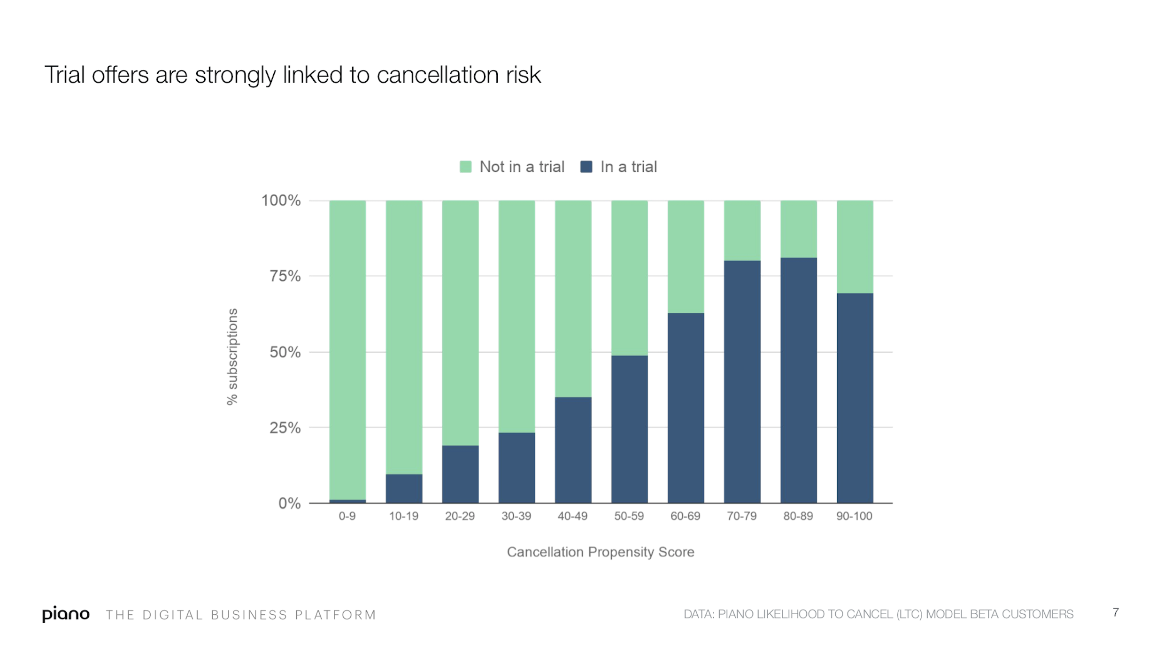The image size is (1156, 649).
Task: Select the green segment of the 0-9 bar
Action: [x=347, y=350]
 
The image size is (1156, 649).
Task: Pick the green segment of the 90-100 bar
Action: [x=855, y=247]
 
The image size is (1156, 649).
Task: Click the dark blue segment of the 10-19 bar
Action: [x=404, y=488]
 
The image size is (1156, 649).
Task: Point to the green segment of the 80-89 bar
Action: [x=798, y=229]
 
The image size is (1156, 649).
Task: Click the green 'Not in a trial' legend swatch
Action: [x=465, y=167]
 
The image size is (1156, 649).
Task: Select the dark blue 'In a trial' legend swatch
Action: [x=586, y=167]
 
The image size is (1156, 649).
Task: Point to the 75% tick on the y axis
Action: [x=285, y=276]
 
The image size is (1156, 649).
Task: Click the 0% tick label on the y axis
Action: [x=289, y=503]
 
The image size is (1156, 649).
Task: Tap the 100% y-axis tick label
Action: [x=281, y=201]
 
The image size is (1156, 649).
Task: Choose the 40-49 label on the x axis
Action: [x=572, y=516]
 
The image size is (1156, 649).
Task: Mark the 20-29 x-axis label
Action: [x=460, y=516]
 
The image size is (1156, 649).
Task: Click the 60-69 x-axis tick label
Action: [x=685, y=516]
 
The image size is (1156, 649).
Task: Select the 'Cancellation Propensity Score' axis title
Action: [x=600, y=552]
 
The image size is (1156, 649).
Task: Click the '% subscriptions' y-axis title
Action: [x=232, y=356]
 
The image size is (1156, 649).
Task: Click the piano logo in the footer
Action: [x=66, y=614]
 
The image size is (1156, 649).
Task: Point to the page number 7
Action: [x=1116, y=612]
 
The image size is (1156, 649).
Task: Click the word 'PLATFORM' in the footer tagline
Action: [x=335, y=615]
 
